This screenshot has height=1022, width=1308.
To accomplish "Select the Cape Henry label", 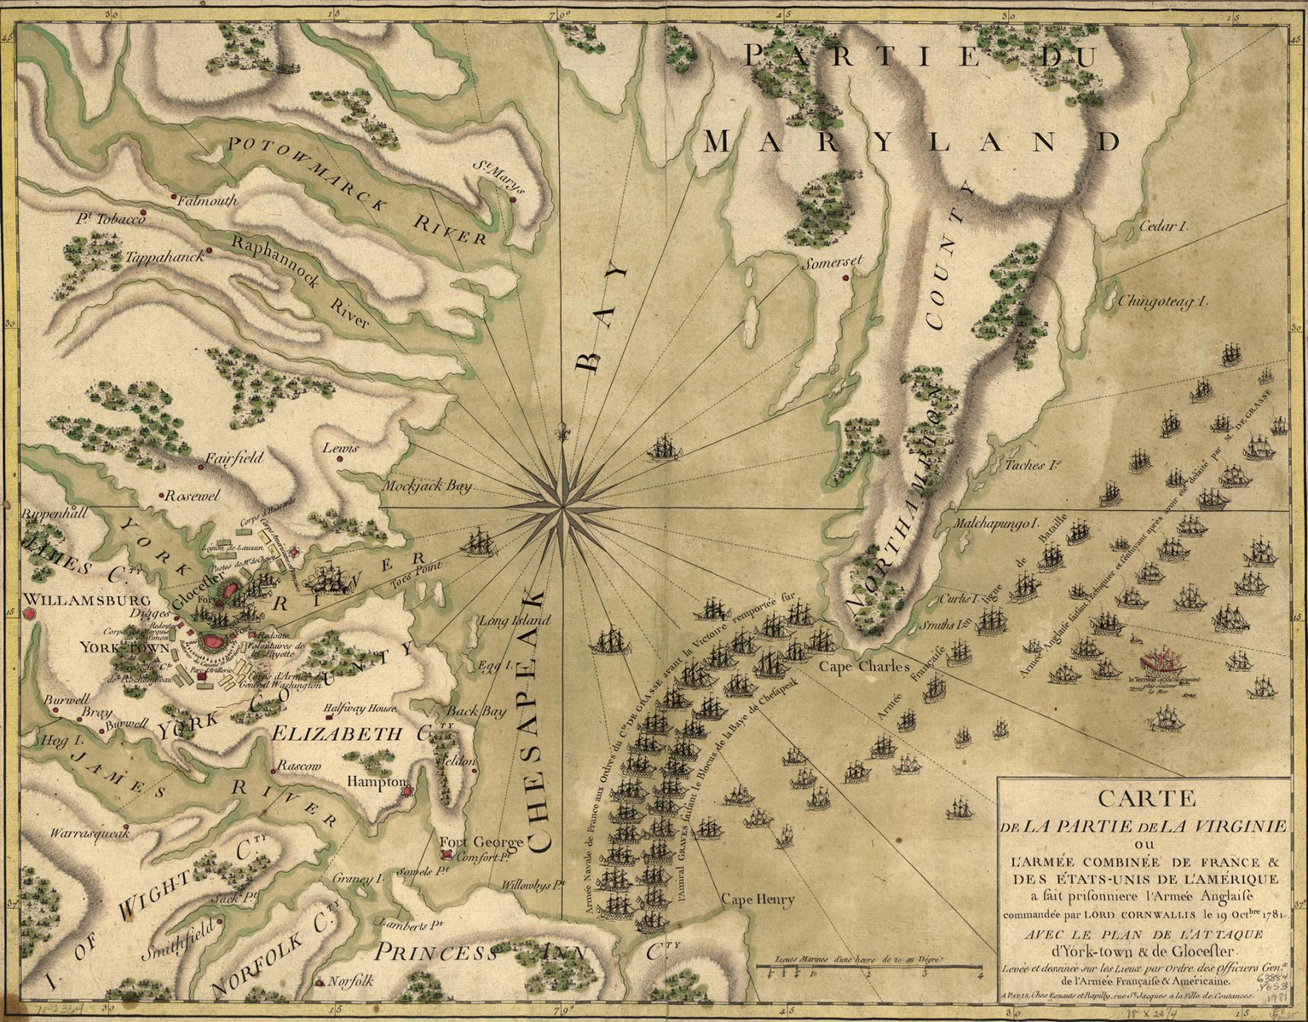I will coord(758,899).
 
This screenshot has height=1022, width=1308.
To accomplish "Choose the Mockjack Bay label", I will coord(425,487).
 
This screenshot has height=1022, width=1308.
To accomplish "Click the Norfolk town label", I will coord(350,980).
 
